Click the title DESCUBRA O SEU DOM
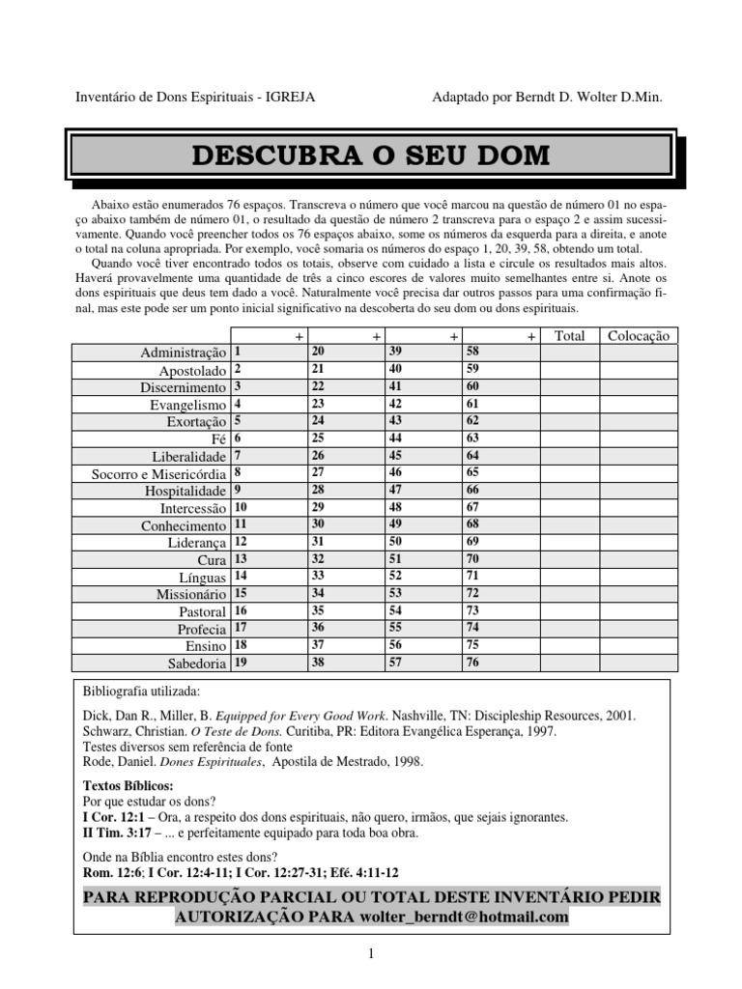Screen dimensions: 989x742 371,155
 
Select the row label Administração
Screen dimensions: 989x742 184,353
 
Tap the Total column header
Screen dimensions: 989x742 570,336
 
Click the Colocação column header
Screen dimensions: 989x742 638,336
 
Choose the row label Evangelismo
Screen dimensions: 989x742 188,406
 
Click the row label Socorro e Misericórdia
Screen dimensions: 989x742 159,474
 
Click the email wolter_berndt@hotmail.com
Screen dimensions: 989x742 464,916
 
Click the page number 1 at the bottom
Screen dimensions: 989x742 370,954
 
